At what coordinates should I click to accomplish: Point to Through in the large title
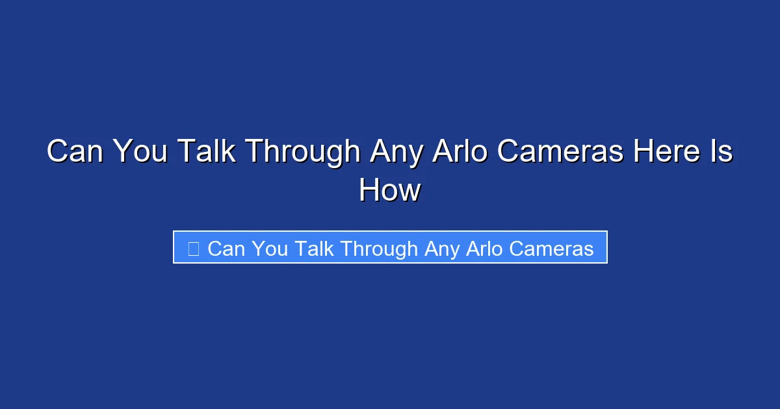(x=302, y=153)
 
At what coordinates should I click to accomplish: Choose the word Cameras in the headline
(x=561, y=153)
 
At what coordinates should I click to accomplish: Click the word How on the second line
(x=390, y=191)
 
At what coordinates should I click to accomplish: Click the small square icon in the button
(x=193, y=248)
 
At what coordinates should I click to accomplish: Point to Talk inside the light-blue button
(x=316, y=248)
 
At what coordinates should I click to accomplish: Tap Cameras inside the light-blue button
(x=556, y=248)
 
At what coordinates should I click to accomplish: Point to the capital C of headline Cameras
(x=510, y=153)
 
